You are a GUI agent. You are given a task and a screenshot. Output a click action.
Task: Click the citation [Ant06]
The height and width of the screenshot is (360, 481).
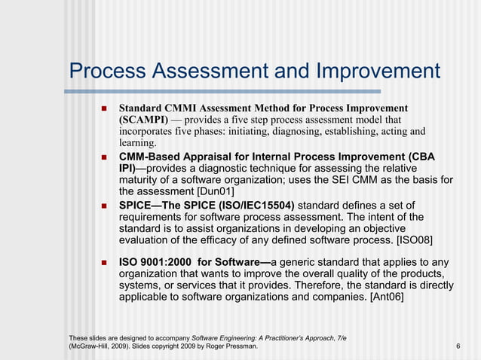(x=387, y=297)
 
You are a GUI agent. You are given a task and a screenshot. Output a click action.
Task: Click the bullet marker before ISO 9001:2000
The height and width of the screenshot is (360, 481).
(x=103, y=262)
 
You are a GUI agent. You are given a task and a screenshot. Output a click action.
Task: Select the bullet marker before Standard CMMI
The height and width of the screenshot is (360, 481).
(x=103, y=108)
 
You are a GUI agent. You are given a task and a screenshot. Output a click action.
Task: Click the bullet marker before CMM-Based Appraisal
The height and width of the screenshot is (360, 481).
(x=103, y=156)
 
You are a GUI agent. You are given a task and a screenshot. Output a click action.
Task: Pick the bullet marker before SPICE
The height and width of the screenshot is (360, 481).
(x=103, y=206)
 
